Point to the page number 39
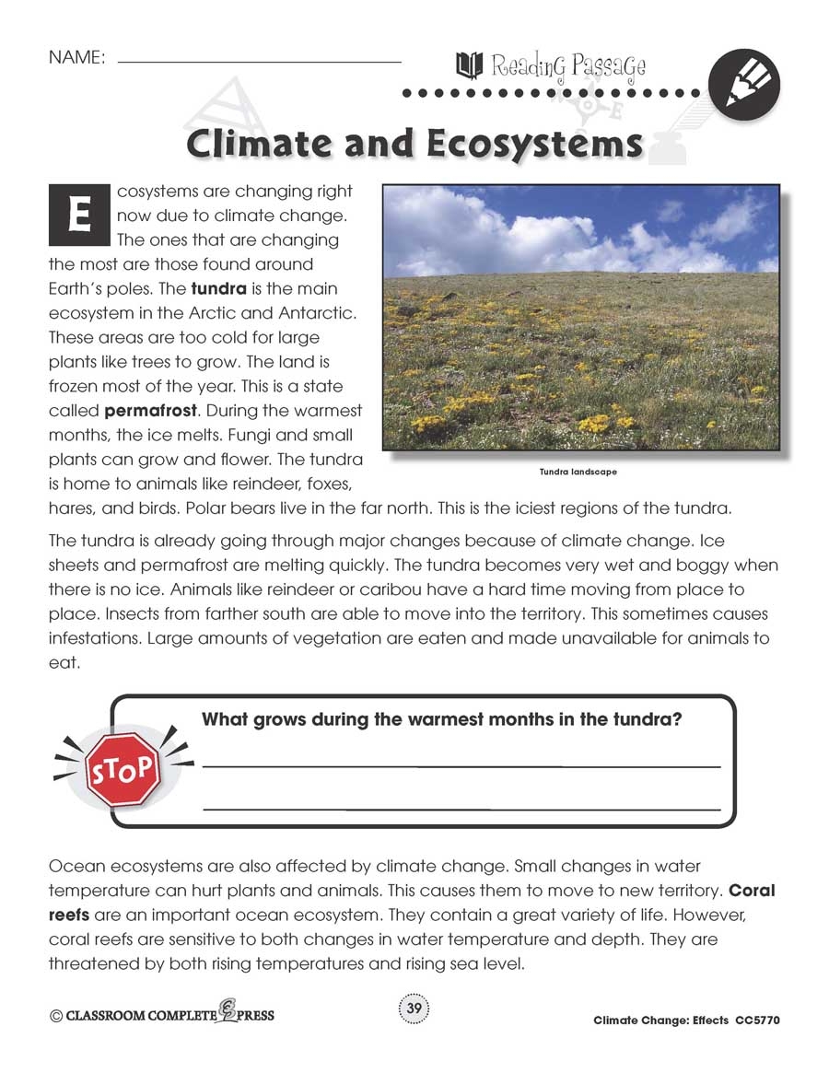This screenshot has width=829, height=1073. (414, 1009)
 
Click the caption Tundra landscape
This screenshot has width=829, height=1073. (578, 472)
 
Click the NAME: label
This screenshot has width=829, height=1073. (77, 57)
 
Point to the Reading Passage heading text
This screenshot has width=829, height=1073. (567, 66)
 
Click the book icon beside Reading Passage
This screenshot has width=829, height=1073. (469, 65)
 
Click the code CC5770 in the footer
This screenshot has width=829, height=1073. (758, 1021)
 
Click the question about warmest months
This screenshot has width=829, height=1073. (441, 719)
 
